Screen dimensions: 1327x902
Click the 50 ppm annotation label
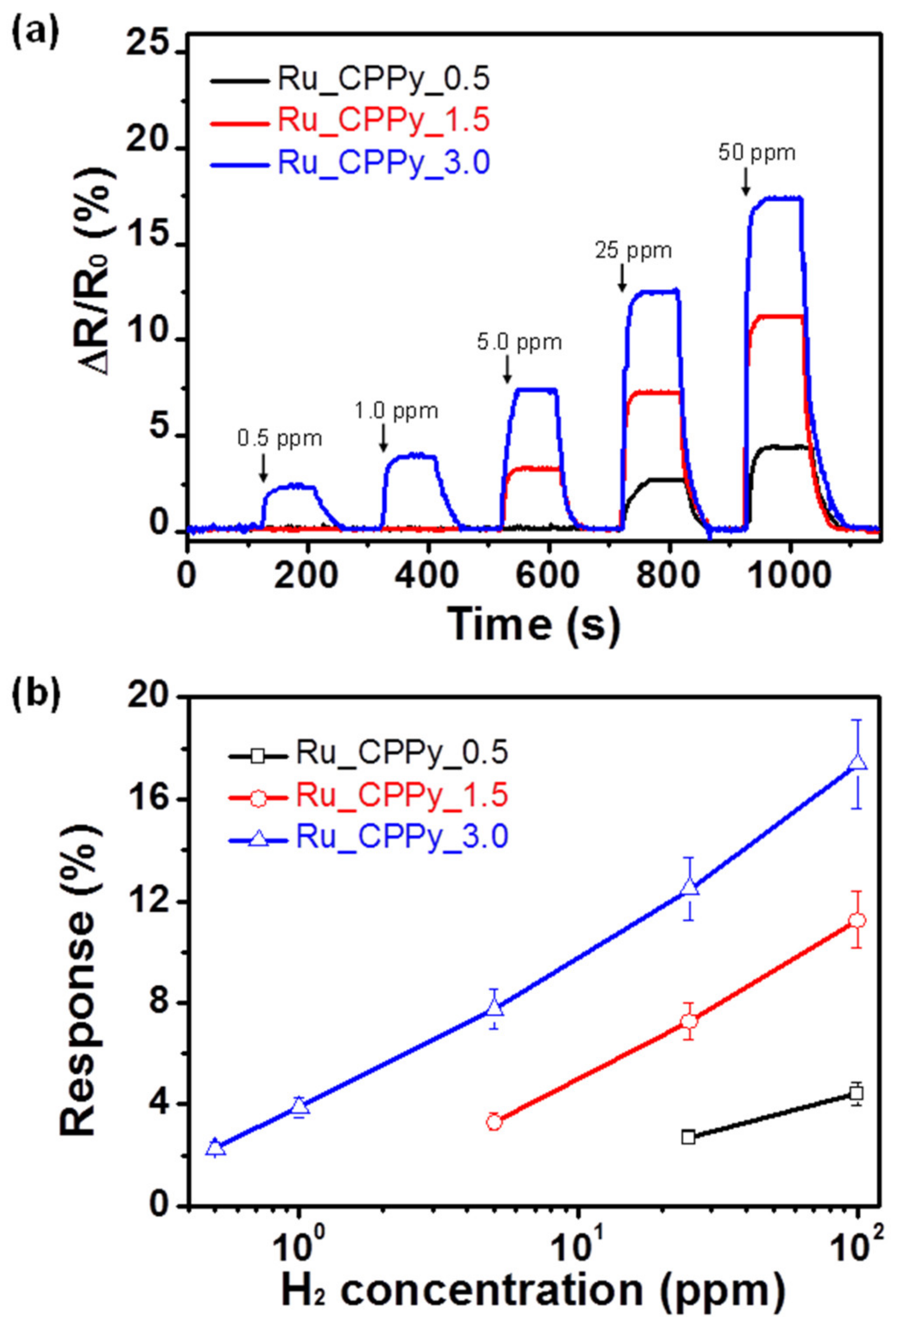tap(756, 154)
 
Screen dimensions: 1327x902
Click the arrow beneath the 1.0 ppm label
tap(383, 439)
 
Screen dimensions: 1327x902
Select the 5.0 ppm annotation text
tap(520, 342)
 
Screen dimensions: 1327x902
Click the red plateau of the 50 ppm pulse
tap(777, 316)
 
